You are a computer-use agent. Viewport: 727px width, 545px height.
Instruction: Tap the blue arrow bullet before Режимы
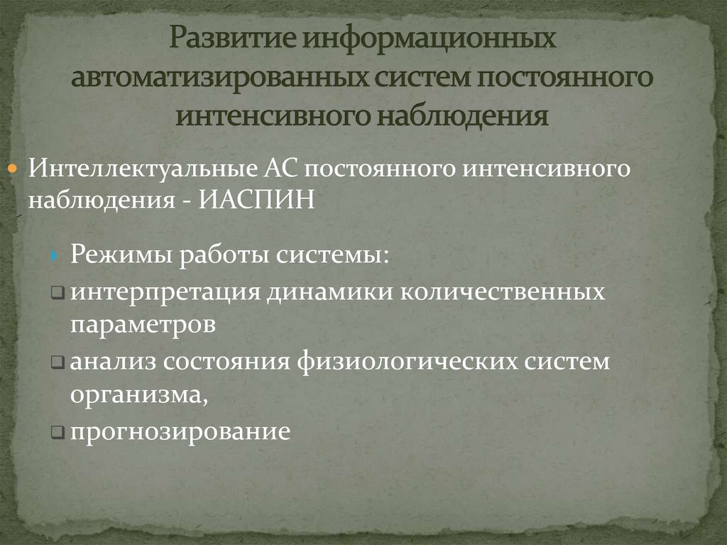(55, 254)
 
